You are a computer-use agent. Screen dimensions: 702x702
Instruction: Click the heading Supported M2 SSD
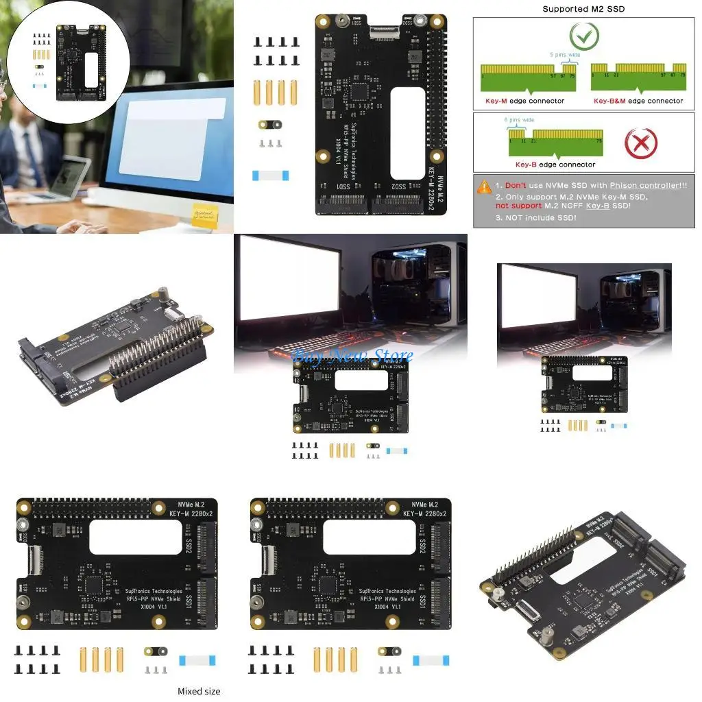583,9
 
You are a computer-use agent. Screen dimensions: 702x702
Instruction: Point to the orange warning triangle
485,186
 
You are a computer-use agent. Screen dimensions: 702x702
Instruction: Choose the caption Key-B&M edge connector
638,101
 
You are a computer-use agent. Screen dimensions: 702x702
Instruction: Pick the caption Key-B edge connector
555,165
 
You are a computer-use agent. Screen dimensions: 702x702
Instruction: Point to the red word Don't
516,186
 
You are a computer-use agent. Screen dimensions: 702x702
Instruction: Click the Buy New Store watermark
352,355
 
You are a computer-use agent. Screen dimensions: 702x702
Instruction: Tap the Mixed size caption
199,691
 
